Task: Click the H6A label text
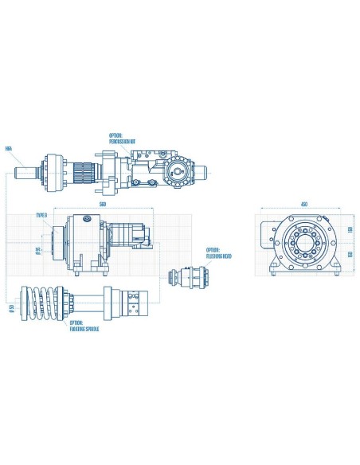(x=9, y=148)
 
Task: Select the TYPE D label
(x=42, y=216)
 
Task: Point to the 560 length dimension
(x=104, y=204)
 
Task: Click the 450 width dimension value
(x=303, y=203)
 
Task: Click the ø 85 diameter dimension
(x=37, y=251)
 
